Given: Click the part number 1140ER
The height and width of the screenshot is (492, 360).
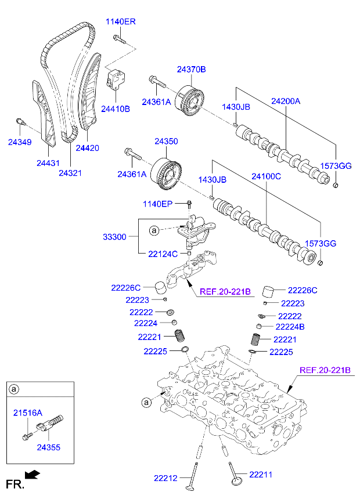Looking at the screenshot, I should (x=120, y=22).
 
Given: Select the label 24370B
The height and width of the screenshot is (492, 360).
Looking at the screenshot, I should (x=191, y=70).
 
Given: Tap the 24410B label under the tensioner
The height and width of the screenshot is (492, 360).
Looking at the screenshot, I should (x=115, y=108).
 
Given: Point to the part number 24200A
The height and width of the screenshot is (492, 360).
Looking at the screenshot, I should (x=285, y=101).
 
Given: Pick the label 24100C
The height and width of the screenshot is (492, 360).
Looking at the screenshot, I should (x=266, y=175).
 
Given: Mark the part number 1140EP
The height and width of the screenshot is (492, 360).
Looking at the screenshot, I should (x=159, y=204).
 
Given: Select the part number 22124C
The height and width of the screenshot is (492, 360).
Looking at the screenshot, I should (x=163, y=254).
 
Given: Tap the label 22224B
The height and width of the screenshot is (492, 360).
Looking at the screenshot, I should (x=290, y=327).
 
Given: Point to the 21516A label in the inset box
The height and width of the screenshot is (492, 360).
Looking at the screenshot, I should (x=28, y=413).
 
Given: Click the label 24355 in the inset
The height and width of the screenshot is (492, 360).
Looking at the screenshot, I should (x=48, y=447).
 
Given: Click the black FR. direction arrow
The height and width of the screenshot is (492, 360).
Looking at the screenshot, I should (x=34, y=475).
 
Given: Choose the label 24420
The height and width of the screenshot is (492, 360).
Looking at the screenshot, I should (x=87, y=148).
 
